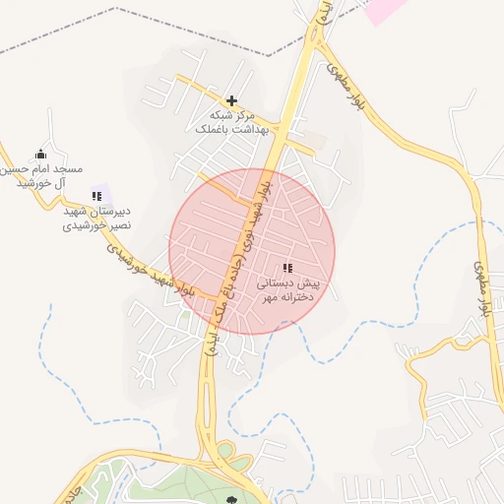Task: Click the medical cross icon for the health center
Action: click(231, 100)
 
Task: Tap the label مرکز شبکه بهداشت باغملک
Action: click(227, 122)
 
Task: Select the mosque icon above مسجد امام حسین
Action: click(40, 154)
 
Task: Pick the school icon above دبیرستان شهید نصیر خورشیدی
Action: click(96, 197)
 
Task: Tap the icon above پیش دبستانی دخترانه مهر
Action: click(287, 268)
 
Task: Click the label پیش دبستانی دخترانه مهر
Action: click(289, 289)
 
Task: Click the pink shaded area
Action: click(384, 10)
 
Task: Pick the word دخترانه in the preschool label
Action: click(294, 296)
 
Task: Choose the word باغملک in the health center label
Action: click(211, 129)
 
